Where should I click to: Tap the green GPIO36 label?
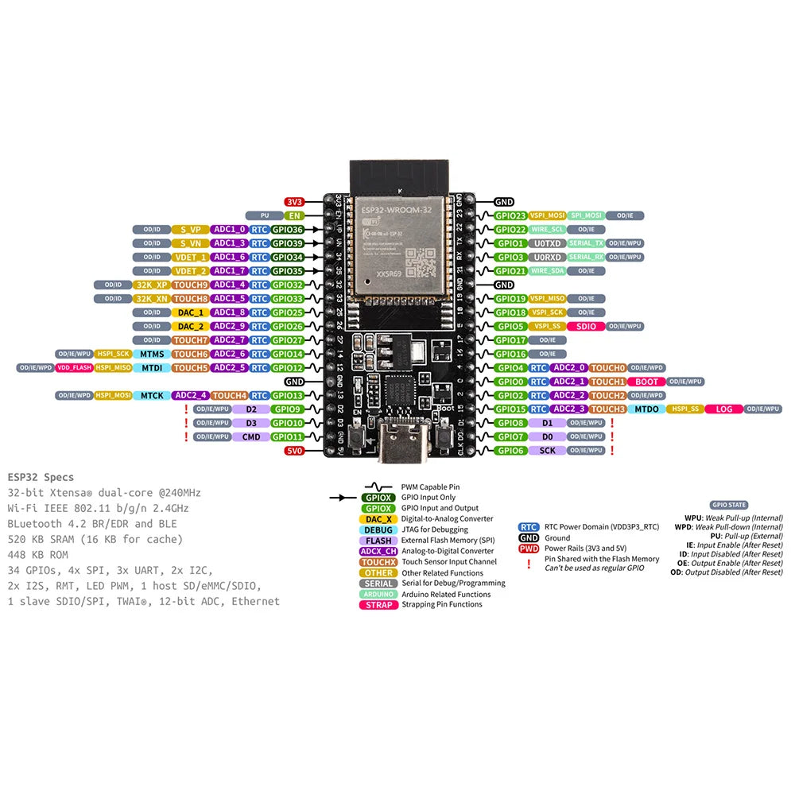(287, 230)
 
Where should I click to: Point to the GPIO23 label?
(510, 215)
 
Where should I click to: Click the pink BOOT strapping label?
(647, 382)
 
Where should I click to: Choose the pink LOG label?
(723, 409)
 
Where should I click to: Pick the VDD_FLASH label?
(74, 367)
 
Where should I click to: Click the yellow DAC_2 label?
(191, 326)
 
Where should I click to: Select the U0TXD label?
(548, 243)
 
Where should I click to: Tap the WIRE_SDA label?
(548, 271)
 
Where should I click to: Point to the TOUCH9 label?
(191, 285)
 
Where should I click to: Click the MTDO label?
(646, 409)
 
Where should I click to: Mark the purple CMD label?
(251, 436)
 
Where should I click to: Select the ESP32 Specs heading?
(41, 478)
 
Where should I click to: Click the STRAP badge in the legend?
(379, 604)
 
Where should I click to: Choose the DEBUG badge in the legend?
(378, 529)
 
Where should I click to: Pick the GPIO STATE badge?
(729, 505)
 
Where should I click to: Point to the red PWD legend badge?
(529, 549)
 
